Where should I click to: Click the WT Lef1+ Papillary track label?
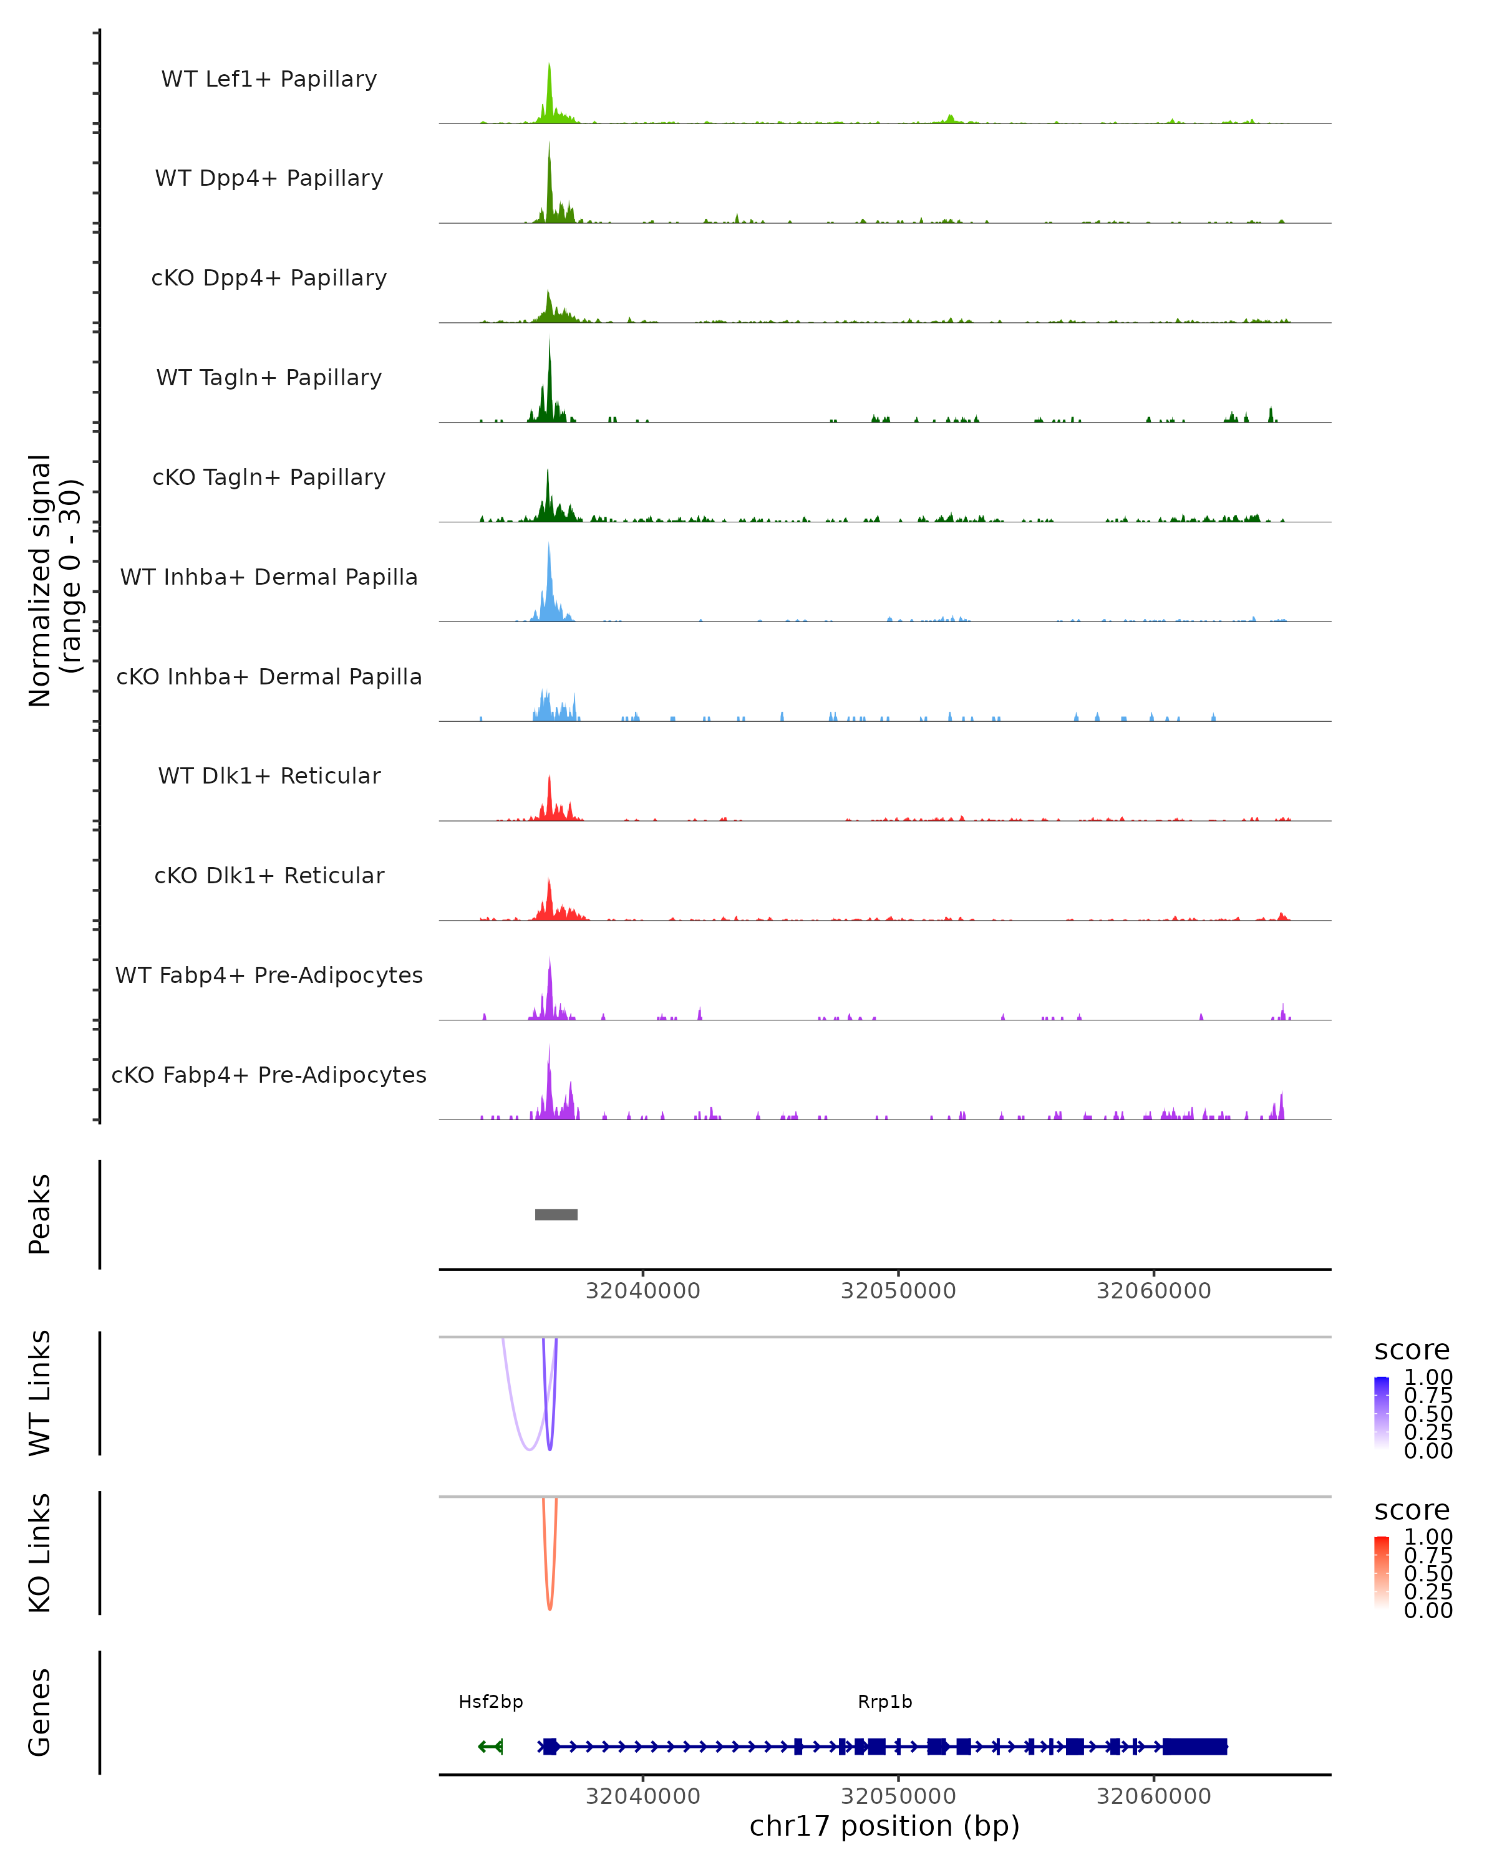(x=269, y=79)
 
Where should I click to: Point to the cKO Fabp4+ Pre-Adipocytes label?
(x=269, y=1075)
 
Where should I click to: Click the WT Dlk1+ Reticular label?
(x=269, y=775)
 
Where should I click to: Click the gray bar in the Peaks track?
(x=556, y=1214)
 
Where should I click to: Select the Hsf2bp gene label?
(x=490, y=1702)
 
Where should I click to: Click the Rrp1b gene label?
(x=884, y=1702)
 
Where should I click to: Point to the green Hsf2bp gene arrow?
(x=490, y=1746)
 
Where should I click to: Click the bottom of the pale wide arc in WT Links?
(x=528, y=1449)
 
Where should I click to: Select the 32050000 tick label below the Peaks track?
(x=898, y=1291)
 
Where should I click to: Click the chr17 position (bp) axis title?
(x=884, y=1826)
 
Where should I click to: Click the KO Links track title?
(x=40, y=1553)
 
